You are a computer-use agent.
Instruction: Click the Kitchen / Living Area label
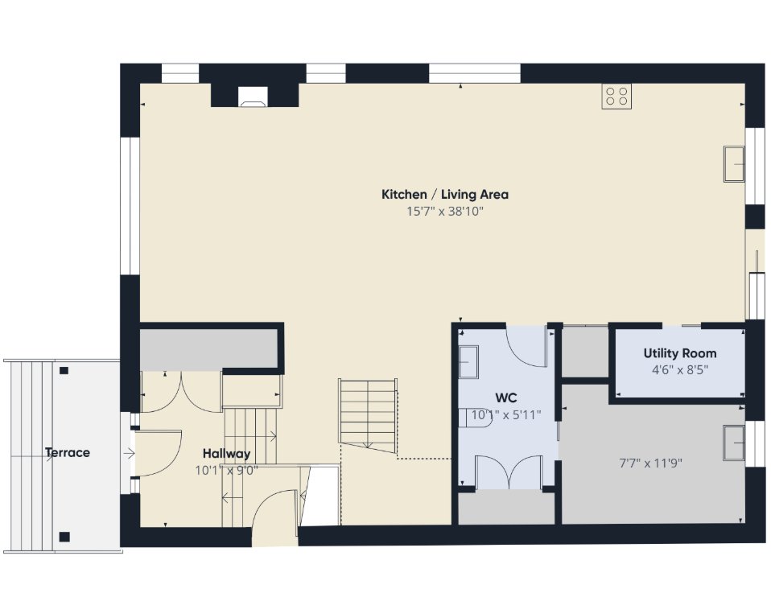click(x=445, y=194)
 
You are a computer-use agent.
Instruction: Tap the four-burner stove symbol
click(x=616, y=97)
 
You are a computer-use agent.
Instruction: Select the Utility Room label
click(x=679, y=353)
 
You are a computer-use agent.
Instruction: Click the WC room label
click(x=506, y=397)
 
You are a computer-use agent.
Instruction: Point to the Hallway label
click(x=226, y=453)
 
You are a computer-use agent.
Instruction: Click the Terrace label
click(x=68, y=452)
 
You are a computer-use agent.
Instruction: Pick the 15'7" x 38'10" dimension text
click(x=445, y=212)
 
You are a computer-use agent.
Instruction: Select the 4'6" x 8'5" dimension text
click(x=679, y=369)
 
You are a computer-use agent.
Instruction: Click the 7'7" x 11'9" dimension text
click(x=650, y=463)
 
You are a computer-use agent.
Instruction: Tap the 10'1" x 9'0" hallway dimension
click(x=226, y=471)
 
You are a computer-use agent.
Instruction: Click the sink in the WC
click(x=468, y=361)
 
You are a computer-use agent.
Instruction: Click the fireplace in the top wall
click(x=254, y=97)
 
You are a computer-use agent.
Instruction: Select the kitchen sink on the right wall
click(x=734, y=163)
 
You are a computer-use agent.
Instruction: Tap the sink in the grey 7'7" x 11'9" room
click(x=734, y=443)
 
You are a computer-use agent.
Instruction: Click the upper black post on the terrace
click(x=64, y=371)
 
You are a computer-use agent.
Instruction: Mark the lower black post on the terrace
click(x=64, y=537)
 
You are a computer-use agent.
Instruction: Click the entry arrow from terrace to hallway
click(x=129, y=453)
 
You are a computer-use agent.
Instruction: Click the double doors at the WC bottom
click(x=509, y=472)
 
